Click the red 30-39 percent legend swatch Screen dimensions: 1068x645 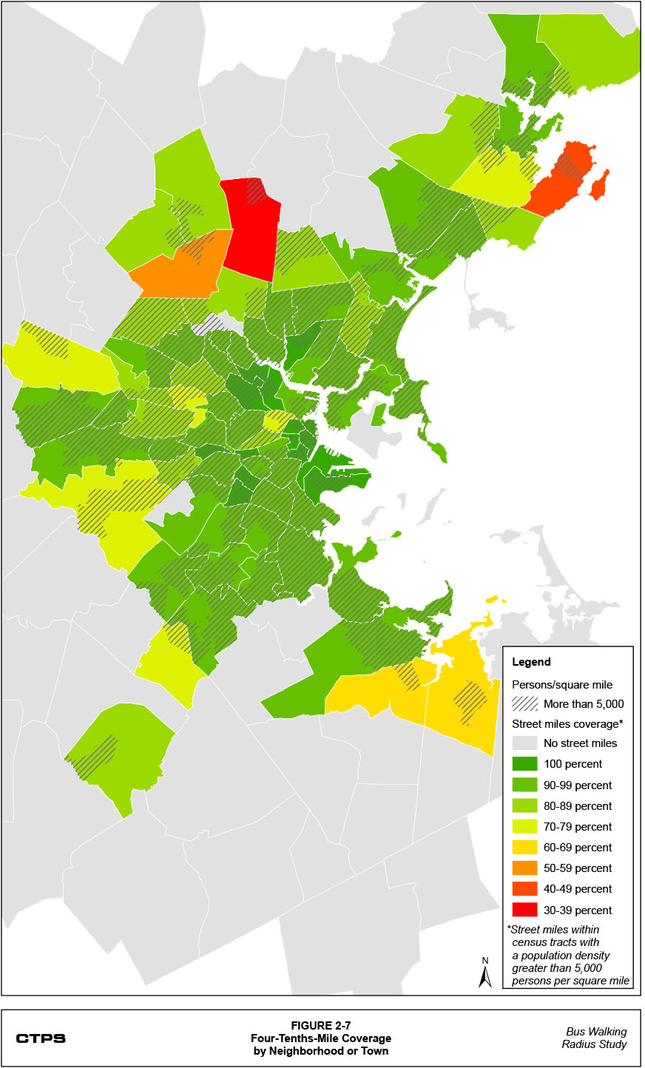(x=524, y=910)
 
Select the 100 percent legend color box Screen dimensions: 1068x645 (x=524, y=764)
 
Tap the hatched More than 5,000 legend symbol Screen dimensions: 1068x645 (x=524, y=703)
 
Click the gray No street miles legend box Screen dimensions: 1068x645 (x=524, y=743)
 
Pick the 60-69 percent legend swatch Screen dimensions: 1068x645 (x=524, y=847)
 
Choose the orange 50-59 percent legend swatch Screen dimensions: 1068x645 (x=524, y=868)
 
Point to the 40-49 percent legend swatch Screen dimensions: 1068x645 (x=524, y=888)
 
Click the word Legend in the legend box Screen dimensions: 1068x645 (x=531, y=662)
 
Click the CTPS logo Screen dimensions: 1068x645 (x=41, y=1038)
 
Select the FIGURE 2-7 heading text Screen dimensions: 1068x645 (x=320, y=1026)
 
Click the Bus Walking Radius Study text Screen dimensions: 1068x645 (x=595, y=1038)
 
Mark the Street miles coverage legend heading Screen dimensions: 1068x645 (x=567, y=723)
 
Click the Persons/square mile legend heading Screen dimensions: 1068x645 (x=562, y=684)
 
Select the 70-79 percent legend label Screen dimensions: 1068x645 (x=578, y=827)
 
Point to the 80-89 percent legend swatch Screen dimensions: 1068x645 (x=524, y=805)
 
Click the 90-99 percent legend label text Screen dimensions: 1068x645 (x=578, y=785)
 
